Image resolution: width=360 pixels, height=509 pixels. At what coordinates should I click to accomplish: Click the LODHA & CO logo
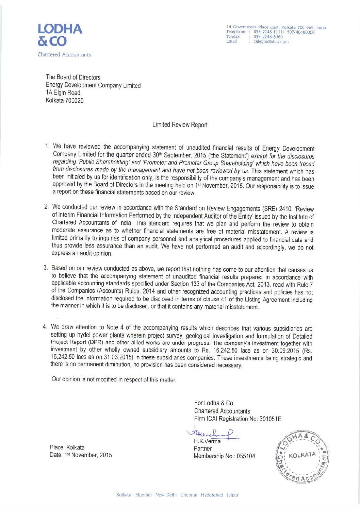pyautogui.click(x=60, y=35)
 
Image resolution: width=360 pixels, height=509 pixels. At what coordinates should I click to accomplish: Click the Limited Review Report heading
pyautogui.click(x=180, y=125)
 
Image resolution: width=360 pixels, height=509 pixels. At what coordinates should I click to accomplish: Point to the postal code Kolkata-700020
pyautogui.click(x=65, y=101)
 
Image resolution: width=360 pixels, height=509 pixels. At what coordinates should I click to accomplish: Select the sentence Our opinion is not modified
pyautogui.click(x=114, y=379)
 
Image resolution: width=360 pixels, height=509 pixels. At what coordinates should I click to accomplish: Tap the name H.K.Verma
pyautogui.click(x=207, y=441)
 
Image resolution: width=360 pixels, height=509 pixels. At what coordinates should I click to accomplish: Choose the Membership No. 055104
pyautogui.click(x=224, y=456)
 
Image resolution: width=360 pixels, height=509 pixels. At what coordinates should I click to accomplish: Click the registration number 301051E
pyautogui.click(x=270, y=419)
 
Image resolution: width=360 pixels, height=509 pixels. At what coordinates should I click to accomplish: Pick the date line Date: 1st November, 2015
pyautogui.click(x=81, y=455)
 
